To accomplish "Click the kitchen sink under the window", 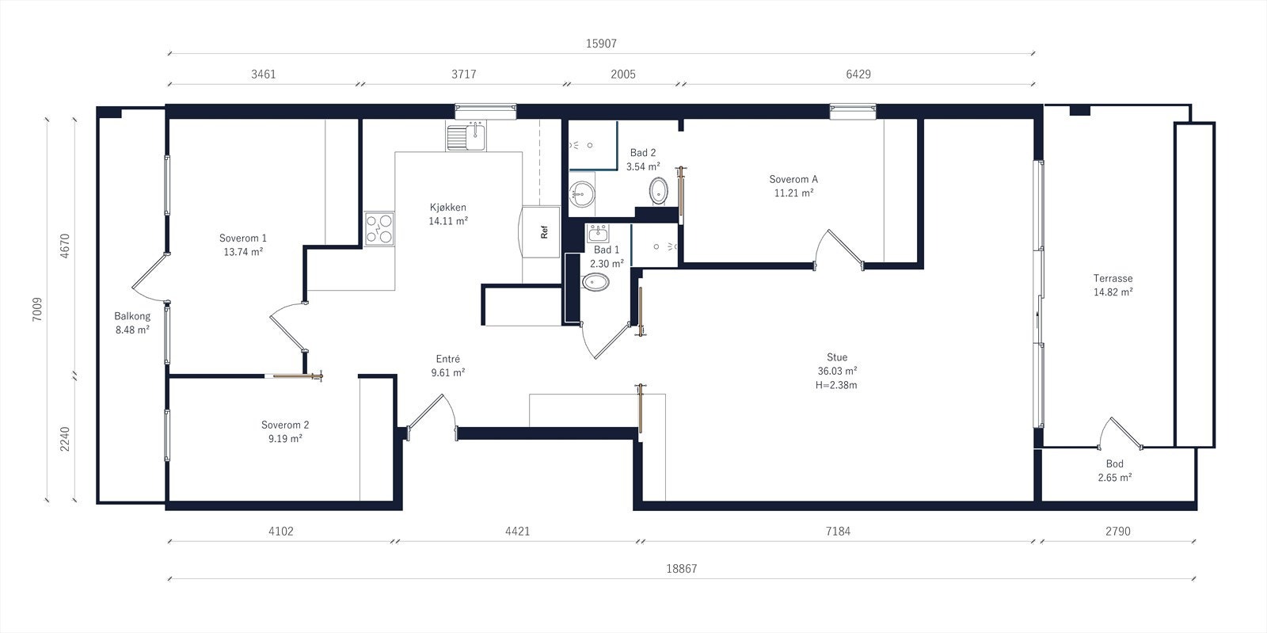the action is (466, 136).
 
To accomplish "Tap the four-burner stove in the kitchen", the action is (379, 229).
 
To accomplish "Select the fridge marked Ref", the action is (541, 231).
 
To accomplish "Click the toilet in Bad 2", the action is (658, 191).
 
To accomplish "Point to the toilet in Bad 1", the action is (595, 282).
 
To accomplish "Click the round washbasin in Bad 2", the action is (581, 194).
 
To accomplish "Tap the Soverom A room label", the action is (793, 179).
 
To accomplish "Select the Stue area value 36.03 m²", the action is (837, 371).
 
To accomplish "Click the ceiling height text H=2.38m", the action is (836, 385).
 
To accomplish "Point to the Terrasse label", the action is (1113, 278).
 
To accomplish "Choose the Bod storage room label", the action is (1114, 464).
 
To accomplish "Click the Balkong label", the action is (132, 316).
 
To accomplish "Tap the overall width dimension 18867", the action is (682, 569).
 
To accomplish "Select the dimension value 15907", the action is (601, 44).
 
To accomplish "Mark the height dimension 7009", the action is (37, 310).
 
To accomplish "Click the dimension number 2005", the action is (622, 74).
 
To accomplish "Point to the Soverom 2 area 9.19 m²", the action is (285, 439).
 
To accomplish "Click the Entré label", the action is (448, 359).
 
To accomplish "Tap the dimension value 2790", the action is (1117, 531).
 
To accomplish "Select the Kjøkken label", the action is (448, 208).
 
